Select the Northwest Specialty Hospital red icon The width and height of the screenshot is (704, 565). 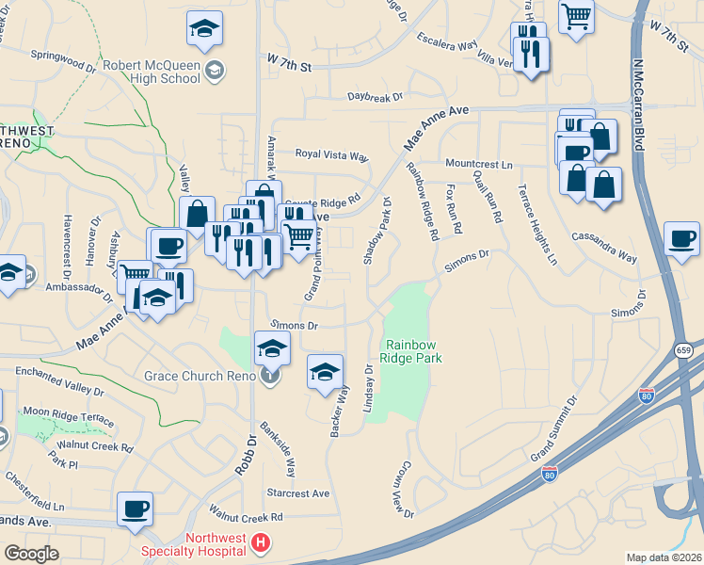tap(261, 543)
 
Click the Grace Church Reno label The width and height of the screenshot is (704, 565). tap(200, 376)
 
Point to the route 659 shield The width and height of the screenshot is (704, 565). tap(684, 350)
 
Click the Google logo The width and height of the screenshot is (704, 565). tap(31, 554)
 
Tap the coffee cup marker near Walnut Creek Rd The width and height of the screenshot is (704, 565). tap(135, 508)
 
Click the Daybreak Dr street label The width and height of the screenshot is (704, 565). tap(374, 96)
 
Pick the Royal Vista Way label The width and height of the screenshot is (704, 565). tap(331, 153)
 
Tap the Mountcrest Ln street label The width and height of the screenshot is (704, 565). tap(478, 164)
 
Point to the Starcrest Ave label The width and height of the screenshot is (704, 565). tap(298, 492)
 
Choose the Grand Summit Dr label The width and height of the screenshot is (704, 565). tap(554, 428)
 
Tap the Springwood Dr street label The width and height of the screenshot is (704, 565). tap(64, 60)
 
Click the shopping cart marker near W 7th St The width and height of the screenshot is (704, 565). tap(576, 14)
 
